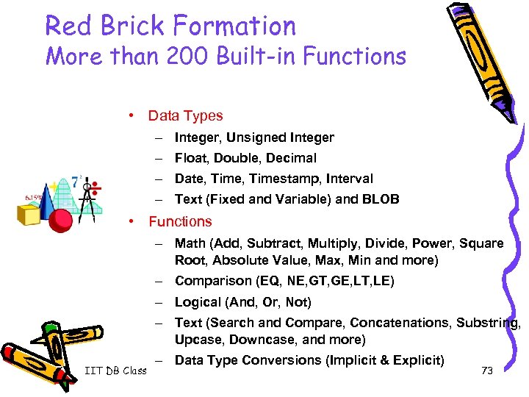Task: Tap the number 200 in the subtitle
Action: [x=173, y=57]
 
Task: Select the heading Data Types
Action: [x=185, y=115]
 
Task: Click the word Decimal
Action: [x=292, y=158]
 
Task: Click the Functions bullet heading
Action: [x=180, y=221]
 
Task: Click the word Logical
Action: [x=198, y=302]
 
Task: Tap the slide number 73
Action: [x=486, y=371]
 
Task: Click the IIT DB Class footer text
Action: [x=114, y=371]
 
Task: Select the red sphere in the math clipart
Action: [x=62, y=218]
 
